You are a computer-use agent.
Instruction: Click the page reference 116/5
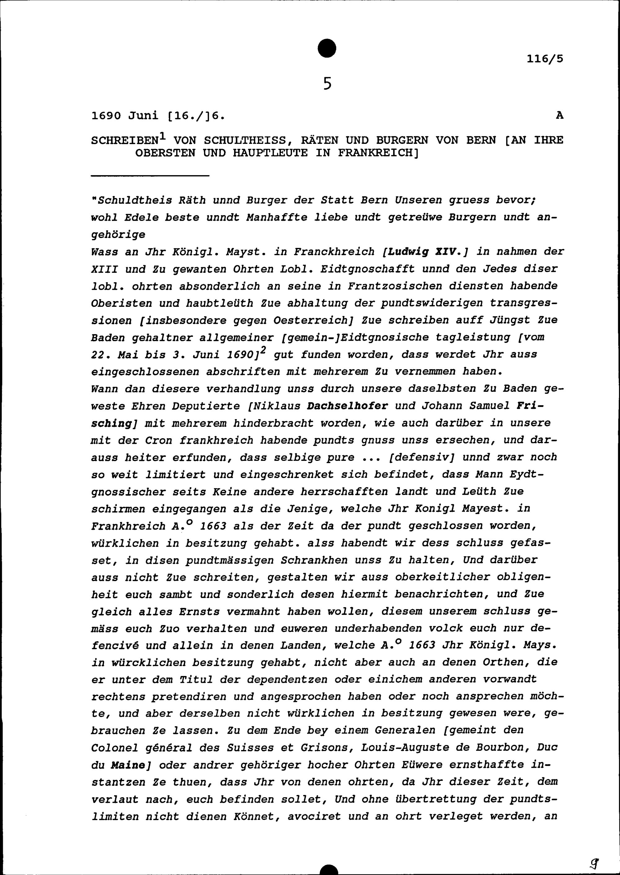[x=544, y=59]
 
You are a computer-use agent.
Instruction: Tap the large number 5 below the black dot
[x=327, y=83]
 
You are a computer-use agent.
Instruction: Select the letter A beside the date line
[x=559, y=115]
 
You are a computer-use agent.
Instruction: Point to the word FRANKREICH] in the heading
[x=378, y=153]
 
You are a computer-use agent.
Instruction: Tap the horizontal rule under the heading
[x=150, y=176]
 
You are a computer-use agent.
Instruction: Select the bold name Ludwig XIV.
[x=426, y=252]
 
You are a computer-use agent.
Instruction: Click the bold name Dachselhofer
[x=348, y=406]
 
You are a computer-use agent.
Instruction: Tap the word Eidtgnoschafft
[x=367, y=269]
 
